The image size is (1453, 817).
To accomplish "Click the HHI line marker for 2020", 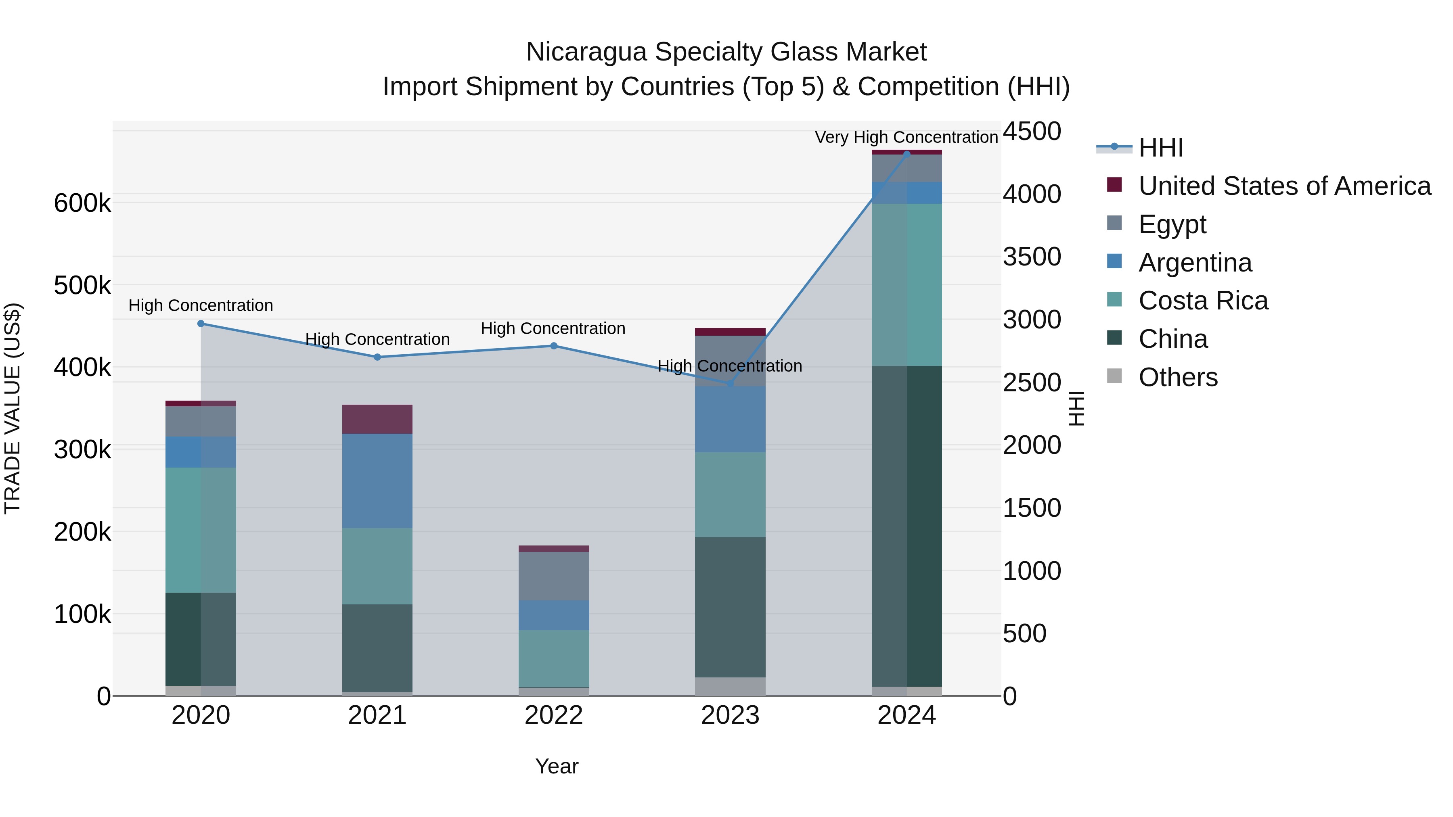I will click(x=201, y=324).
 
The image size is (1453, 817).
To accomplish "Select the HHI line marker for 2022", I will click(x=554, y=346).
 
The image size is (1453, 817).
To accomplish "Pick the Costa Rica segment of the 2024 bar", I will click(x=907, y=285).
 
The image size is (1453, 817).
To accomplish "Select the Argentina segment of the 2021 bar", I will click(x=377, y=481).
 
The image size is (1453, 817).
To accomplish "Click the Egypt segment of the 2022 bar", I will click(x=554, y=576).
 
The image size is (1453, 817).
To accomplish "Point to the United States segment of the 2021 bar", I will click(x=377, y=419).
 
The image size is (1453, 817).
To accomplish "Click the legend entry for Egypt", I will click(x=1172, y=224).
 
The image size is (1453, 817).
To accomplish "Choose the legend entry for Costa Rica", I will click(x=1203, y=301).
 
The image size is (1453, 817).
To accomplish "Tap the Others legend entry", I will click(x=1178, y=377).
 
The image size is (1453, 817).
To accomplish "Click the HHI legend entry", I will click(x=1160, y=148).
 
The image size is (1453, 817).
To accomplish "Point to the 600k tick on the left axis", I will click(x=82, y=203).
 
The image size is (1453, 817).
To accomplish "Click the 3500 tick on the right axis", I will click(x=1032, y=257).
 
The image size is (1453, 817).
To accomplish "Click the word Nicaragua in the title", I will click(x=586, y=52).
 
